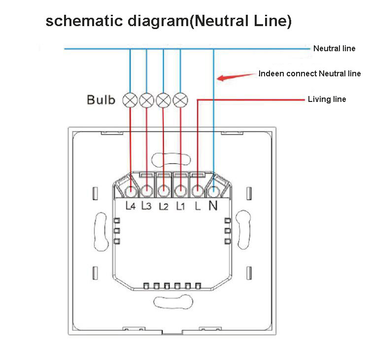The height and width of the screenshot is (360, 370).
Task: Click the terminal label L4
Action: click(131, 206)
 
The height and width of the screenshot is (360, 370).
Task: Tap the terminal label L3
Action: click(146, 206)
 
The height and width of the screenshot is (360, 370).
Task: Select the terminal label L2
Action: click(164, 206)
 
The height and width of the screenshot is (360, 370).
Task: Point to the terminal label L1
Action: click(180, 206)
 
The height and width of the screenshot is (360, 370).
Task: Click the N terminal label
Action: click(213, 205)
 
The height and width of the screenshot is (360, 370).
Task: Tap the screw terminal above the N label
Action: click(214, 191)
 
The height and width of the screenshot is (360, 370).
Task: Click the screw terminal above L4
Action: click(131, 191)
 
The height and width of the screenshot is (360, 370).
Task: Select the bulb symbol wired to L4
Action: click(130, 100)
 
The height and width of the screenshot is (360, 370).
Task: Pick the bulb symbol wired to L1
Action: click(180, 100)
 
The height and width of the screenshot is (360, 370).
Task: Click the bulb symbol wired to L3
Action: click(146, 100)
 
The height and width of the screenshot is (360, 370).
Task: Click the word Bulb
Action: click(101, 99)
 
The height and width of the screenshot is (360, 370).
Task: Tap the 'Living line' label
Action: click(327, 99)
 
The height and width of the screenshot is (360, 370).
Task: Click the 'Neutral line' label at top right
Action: click(334, 48)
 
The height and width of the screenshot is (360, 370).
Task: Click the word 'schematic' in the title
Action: click(84, 21)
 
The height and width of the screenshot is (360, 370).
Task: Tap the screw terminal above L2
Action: click(164, 191)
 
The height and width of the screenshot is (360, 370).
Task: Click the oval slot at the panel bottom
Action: click(173, 301)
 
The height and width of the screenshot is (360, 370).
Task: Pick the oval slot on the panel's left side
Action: click(101, 231)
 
